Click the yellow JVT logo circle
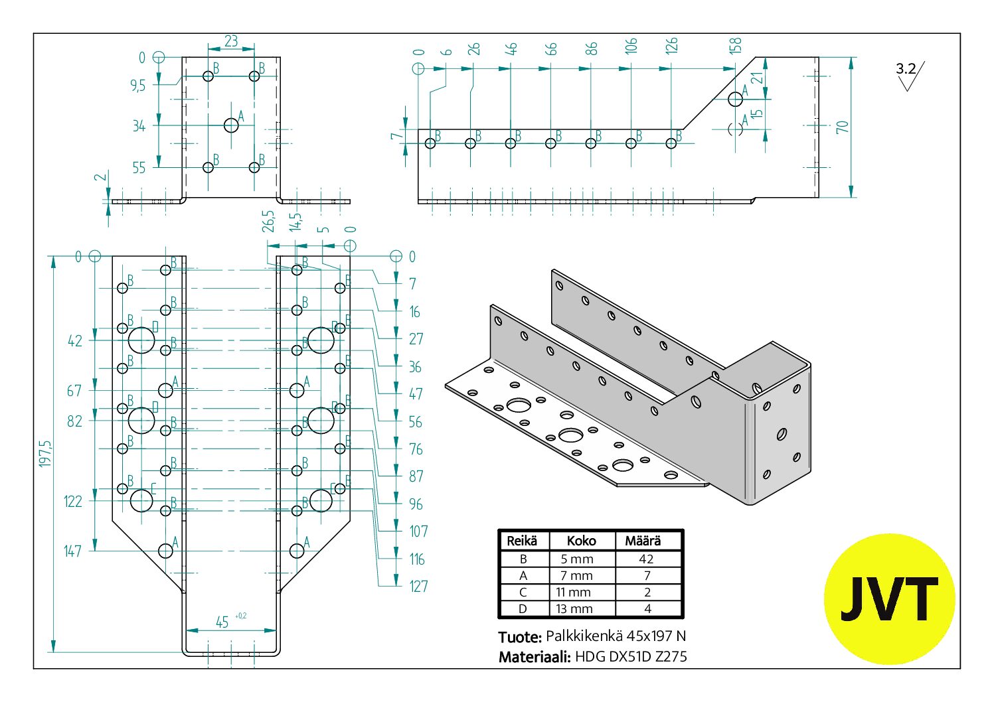pos(890,599)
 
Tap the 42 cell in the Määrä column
pos(646,559)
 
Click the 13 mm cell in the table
pos(574,609)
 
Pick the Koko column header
pos(581,541)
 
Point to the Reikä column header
pos(522,541)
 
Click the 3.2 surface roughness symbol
pos(910,76)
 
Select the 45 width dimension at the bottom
pos(222,622)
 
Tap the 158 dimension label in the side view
pos(735,46)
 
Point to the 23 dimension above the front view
pos(231,41)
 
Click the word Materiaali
pos(535,657)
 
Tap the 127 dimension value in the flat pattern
pos(418,587)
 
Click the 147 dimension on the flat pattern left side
pos(73,551)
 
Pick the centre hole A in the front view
pos(231,125)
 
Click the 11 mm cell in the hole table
pos(573,593)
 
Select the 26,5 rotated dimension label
pos(268,222)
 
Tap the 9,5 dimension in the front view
pos(137,85)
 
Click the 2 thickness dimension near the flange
pos(101,177)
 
